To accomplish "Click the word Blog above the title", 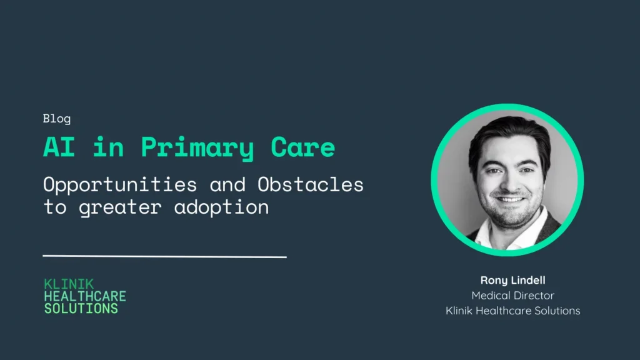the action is click(57, 119).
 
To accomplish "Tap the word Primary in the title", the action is click(197, 148).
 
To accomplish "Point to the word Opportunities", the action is click(120, 185).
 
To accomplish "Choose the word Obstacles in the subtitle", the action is click(310, 184).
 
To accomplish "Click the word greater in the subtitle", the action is click(121, 207).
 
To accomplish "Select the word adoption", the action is click(222, 207).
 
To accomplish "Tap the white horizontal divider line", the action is click(164, 256).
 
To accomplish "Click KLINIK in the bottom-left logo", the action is click(69, 284).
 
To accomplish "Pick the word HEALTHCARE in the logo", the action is click(85, 296).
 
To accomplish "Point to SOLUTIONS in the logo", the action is click(81, 309).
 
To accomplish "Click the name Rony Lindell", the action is click(512, 280).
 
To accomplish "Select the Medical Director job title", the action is click(512, 295).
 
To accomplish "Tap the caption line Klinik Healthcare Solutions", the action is click(512, 310).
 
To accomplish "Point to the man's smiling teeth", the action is click(510, 199).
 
